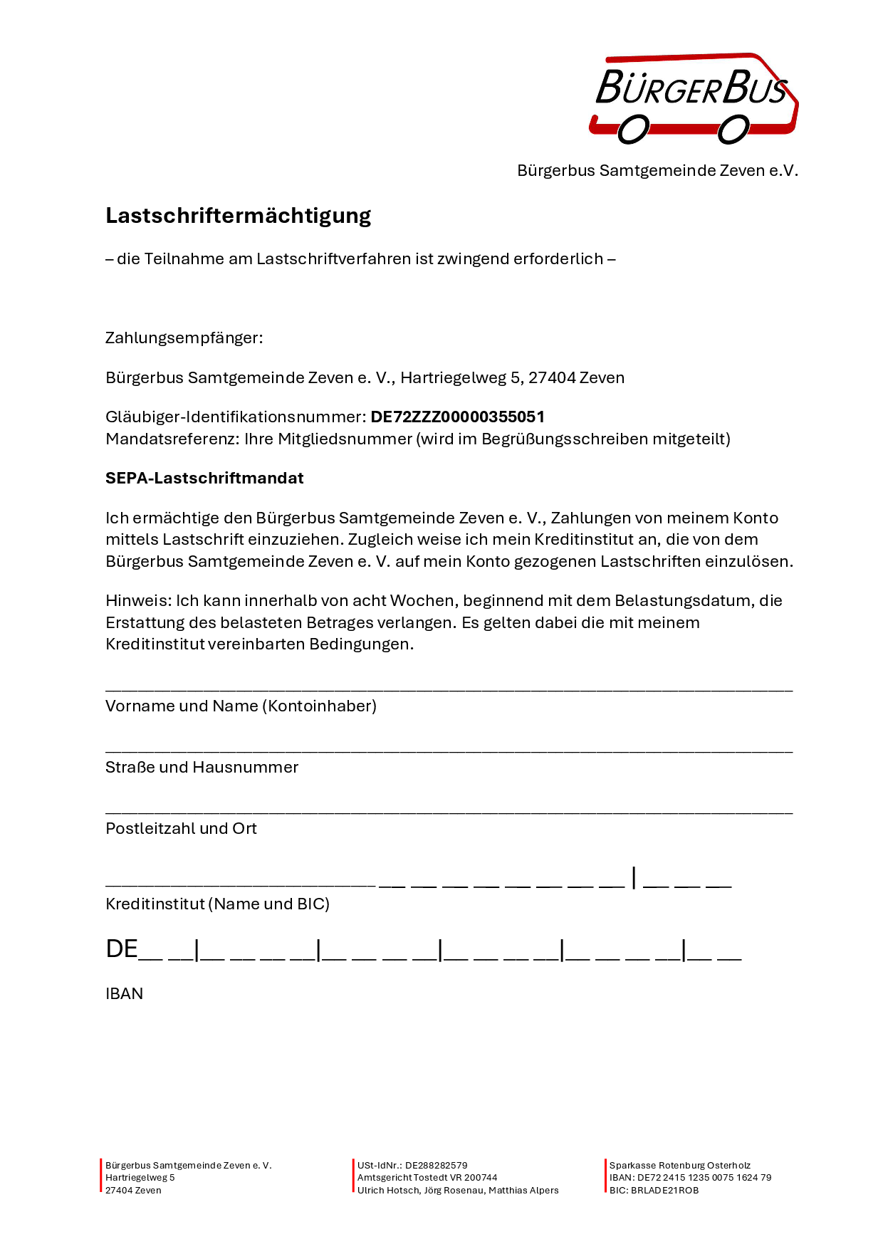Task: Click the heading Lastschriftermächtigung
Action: point(238,215)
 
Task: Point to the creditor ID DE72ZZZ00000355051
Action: point(457,417)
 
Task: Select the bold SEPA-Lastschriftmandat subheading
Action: point(204,478)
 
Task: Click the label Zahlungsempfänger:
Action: point(184,338)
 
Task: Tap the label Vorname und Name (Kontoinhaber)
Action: point(241,706)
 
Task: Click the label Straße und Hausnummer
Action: point(202,767)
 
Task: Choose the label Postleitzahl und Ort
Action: point(181,828)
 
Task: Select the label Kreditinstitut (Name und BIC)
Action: point(217,904)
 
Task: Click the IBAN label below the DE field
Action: point(124,993)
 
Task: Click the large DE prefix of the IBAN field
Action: point(121,949)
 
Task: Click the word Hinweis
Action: point(137,600)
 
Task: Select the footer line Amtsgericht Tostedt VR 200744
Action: point(427,1178)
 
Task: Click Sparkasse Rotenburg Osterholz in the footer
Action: point(679,1166)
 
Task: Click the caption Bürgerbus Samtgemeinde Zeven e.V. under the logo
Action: point(657,171)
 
